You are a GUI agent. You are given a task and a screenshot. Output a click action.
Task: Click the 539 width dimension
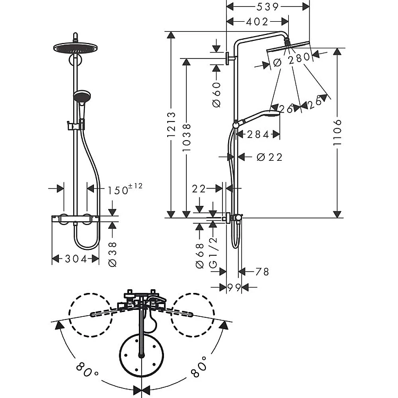tap(267, 7)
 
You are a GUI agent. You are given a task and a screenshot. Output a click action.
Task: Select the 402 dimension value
tap(257, 22)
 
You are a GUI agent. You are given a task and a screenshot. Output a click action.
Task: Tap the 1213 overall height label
tap(171, 125)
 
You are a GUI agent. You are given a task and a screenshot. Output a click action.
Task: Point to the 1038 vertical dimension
tap(187, 137)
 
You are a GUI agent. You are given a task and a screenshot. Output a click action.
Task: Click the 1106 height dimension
tap(338, 133)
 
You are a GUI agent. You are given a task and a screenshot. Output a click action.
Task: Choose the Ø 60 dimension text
tap(217, 94)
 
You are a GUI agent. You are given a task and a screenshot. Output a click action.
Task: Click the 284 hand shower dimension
tap(258, 135)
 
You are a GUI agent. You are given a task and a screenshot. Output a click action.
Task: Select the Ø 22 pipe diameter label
tap(270, 158)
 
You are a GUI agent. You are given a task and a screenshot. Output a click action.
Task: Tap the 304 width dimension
tap(76, 259)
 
